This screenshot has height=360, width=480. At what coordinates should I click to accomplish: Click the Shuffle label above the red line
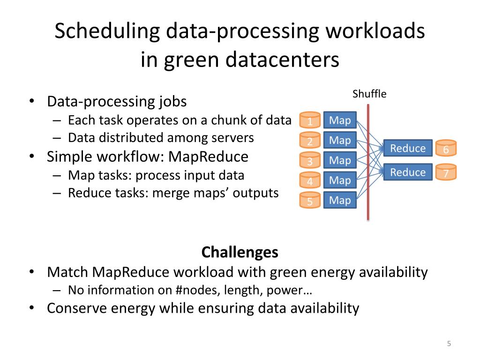369,94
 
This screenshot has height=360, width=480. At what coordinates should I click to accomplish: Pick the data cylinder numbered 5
310,201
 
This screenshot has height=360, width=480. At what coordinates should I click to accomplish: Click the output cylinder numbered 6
446,149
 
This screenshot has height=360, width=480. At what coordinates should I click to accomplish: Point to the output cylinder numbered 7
446,172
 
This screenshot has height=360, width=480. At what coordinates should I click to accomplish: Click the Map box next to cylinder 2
340,140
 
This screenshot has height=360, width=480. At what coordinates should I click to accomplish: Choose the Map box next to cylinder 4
340,180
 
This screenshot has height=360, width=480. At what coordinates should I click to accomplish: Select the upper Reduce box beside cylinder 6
408,149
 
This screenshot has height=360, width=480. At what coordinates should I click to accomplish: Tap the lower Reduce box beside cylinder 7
408,172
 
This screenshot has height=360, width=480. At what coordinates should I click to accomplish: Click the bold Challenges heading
240,252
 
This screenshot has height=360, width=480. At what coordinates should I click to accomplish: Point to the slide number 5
449,344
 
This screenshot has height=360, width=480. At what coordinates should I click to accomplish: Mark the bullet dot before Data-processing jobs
31,102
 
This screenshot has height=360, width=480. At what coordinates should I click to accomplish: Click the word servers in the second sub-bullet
232,138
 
